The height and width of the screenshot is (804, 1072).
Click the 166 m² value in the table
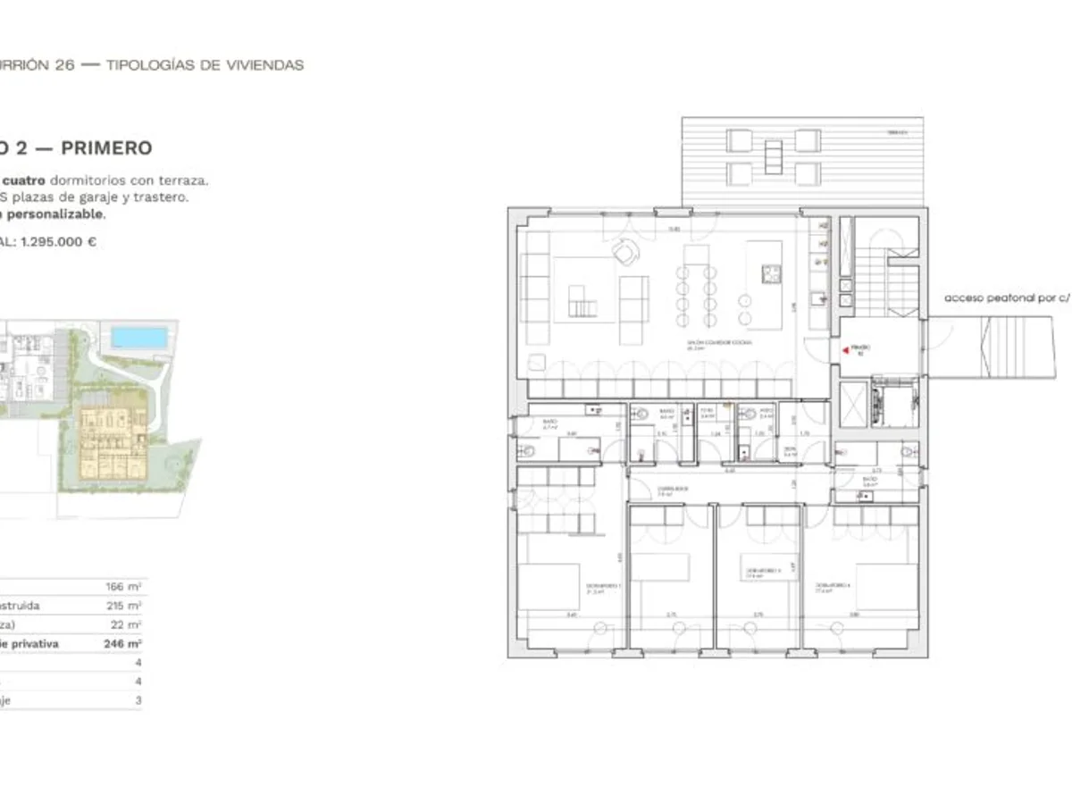click(x=123, y=587)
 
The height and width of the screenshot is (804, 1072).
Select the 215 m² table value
click(x=123, y=606)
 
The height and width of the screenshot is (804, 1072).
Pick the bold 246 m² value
click(x=122, y=643)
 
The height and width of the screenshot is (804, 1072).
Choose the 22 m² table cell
click(x=126, y=624)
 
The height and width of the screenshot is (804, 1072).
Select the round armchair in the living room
click(x=624, y=255)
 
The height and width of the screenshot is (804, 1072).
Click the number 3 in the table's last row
click(x=138, y=700)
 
